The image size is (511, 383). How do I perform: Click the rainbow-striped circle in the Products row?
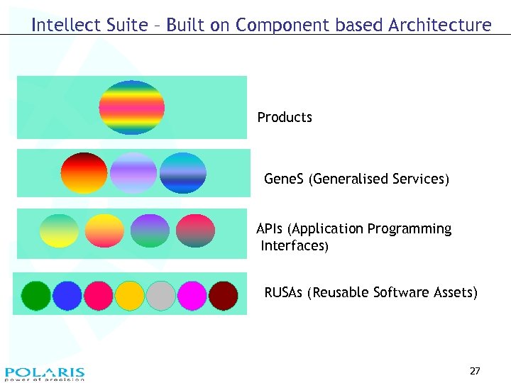click(132, 108)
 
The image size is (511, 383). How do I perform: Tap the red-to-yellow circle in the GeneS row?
click(84, 173)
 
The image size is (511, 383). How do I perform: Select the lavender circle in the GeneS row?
click(133, 173)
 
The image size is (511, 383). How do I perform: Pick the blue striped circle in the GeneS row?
click(182, 173)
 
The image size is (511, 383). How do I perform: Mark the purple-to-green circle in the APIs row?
click(150, 231)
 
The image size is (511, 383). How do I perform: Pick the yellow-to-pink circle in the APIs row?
click(104, 231)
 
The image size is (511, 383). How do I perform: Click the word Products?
click(285, 117)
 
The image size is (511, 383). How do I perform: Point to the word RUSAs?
click(284, 292)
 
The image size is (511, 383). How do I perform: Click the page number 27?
click(475, 371)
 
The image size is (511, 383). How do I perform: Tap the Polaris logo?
click(45, 374)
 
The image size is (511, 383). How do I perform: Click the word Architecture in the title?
click(439, 26)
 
